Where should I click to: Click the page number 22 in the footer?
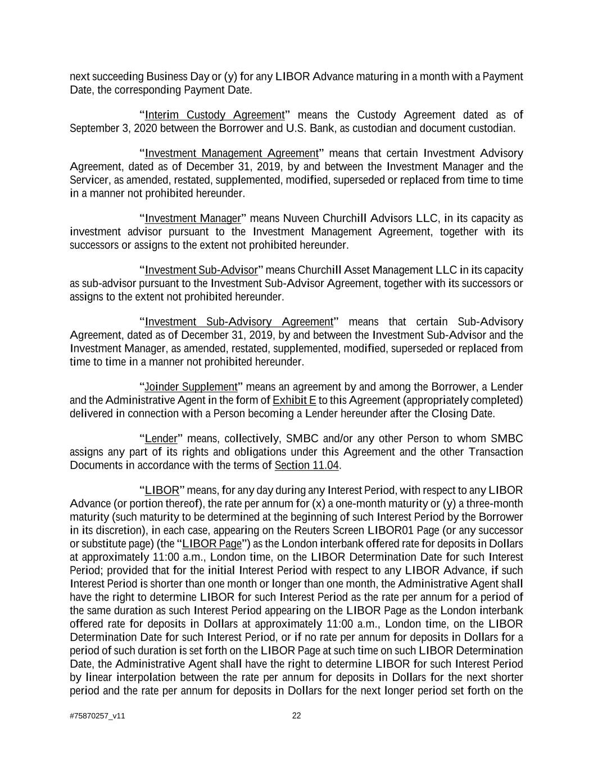(296, 716)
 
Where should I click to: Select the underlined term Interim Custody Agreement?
(215, 115)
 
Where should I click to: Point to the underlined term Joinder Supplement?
(191, 387)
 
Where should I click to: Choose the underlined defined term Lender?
(161, 439)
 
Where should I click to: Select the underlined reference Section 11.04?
(307, 466)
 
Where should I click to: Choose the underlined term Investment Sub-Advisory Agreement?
(239, 322)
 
